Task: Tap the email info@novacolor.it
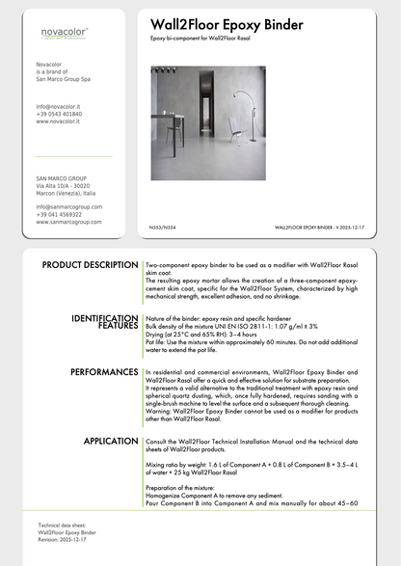tap(59, 107)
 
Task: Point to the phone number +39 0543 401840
tap(59, 114)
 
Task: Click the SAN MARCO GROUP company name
tap(61, 178)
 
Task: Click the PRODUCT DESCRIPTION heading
tap(91, 265)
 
